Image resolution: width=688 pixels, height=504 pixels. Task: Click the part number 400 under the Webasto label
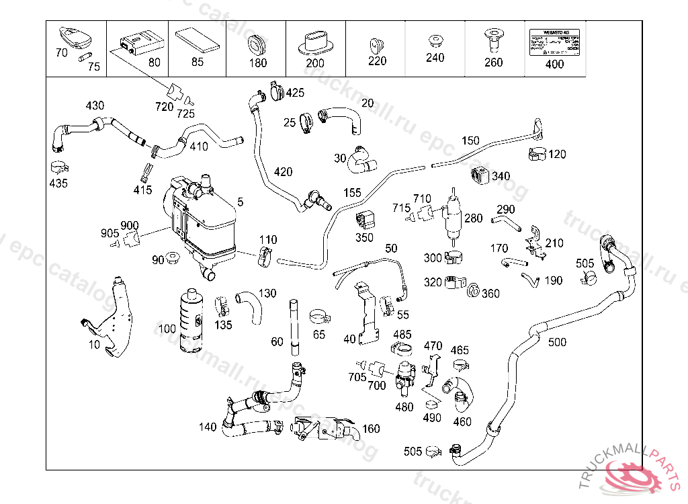555,65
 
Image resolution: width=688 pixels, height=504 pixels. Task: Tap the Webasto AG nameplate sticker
555,40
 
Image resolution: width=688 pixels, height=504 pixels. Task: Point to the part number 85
197,62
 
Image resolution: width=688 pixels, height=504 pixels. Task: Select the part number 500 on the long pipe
557,342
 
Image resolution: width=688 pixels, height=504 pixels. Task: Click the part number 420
283,172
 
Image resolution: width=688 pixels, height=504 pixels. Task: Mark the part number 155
353,193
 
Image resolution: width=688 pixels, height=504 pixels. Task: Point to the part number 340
501,176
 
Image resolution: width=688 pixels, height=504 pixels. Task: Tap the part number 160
371,429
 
